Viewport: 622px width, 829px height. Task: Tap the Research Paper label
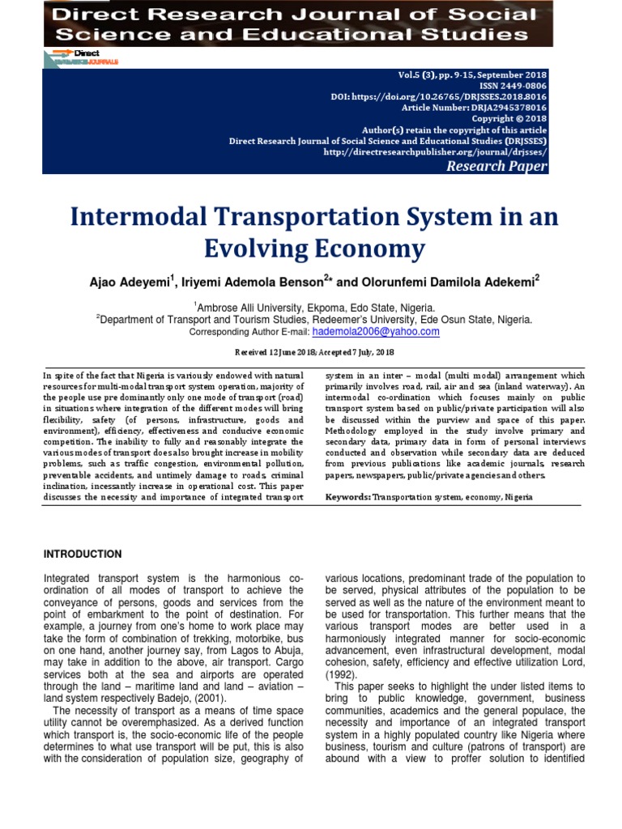click(x=497, y=166)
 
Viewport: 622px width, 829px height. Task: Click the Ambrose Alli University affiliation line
click(x=314, y=308)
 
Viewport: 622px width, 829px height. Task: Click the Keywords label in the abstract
click(x=347, y=496)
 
